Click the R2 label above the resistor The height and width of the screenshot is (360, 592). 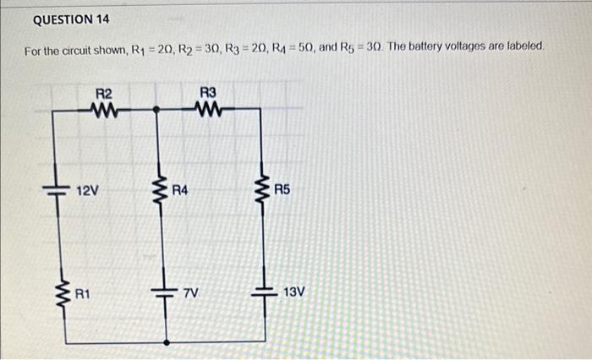(x=104, y=94)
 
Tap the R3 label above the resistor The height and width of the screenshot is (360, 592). (x=208, y=92)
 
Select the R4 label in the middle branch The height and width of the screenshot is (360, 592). (x=180, y=191)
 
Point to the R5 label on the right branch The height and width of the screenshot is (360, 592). (x=282, y=191)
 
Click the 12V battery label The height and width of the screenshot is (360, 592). (x=88, y=191)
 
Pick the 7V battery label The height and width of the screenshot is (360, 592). (x=190, y=293)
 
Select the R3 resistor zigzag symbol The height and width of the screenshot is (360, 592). (x=208, y=107)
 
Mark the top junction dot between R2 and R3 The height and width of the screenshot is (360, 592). (x=156, y=109)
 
